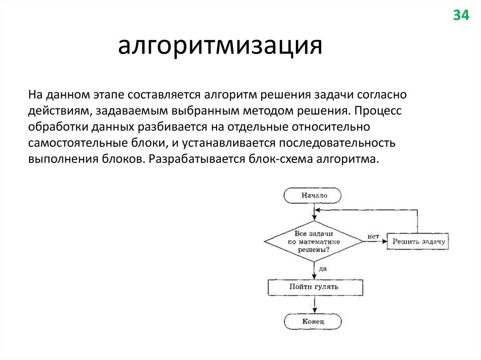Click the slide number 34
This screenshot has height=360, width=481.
tap(460, 15)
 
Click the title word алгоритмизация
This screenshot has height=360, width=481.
tap(220, 46)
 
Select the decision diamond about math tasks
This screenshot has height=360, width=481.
tap(314, 241)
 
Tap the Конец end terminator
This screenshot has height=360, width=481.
tap(313, 322)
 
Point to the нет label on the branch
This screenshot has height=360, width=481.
tap(373, 236)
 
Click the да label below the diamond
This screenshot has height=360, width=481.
tap(322, 269)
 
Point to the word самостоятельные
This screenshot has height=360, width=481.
tap(72, 143)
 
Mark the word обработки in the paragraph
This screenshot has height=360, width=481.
tap(57, 127)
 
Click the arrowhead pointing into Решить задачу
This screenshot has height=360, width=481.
tap(384, 241)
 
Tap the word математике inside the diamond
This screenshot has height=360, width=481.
tap(314, 241)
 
